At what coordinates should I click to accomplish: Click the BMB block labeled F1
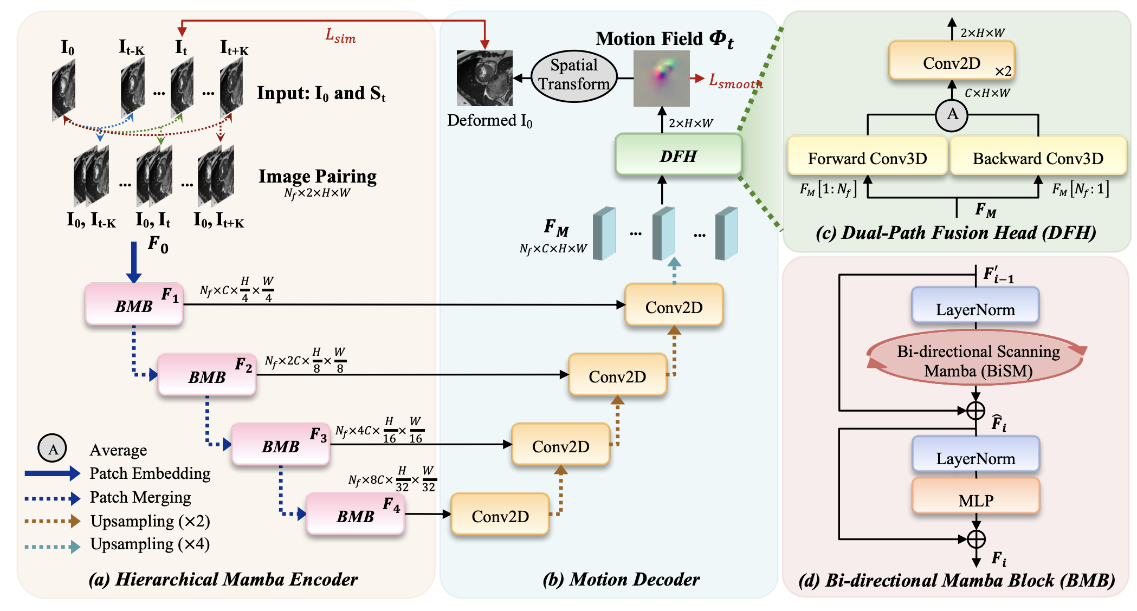coord(134,304)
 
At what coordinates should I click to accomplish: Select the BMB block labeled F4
coord(355,514)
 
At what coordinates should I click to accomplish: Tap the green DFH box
coord(678,155)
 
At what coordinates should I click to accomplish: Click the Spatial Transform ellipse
coord(574,75)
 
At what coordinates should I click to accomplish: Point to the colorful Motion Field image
coord(661,79)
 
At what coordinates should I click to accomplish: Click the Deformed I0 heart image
coord(484,79)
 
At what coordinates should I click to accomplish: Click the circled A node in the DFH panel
coord(952,115)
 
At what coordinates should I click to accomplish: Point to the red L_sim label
coord(340,36)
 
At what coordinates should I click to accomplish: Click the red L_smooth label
coord(735,81)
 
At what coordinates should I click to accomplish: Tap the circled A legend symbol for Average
coord(52,448)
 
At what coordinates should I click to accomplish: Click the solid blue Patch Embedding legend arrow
coord(52,473)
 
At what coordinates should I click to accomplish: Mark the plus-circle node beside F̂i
coord(976,411)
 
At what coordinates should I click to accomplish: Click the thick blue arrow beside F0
coord(134,262)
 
